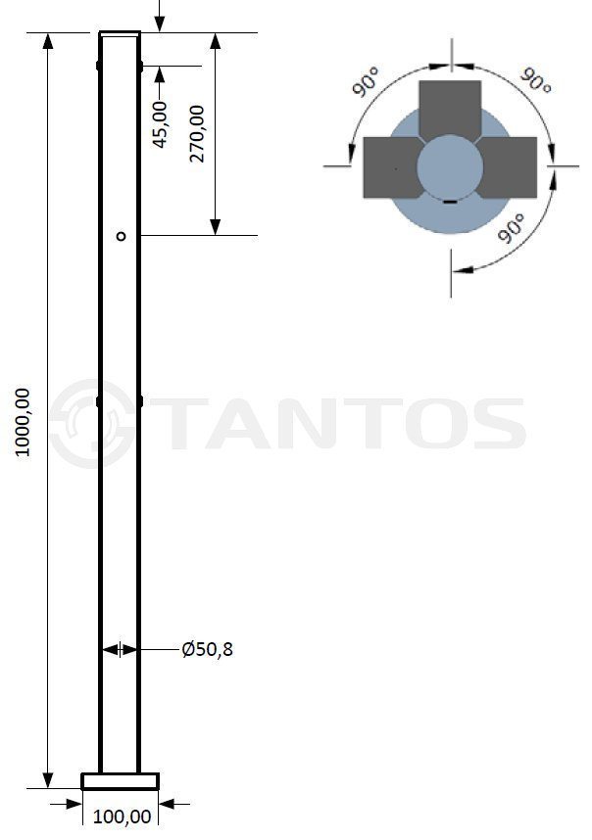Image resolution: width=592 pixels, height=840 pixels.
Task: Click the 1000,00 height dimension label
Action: point(23,422)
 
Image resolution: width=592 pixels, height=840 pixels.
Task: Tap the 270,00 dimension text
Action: point(197,133)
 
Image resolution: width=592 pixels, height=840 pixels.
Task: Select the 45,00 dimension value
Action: point(160,124)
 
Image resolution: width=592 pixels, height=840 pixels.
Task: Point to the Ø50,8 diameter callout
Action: point(208,649)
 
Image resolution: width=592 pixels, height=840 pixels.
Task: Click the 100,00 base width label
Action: point(123,817)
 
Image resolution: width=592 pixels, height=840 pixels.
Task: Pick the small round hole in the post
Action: point(122,236)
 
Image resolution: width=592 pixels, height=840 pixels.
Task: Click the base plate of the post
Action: point(121,781)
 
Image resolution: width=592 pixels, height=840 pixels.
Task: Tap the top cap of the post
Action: point(121,33)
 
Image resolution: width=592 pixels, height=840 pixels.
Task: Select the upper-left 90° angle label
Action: point(366,81)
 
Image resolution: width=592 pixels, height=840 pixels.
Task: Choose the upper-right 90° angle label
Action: point(536,80)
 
